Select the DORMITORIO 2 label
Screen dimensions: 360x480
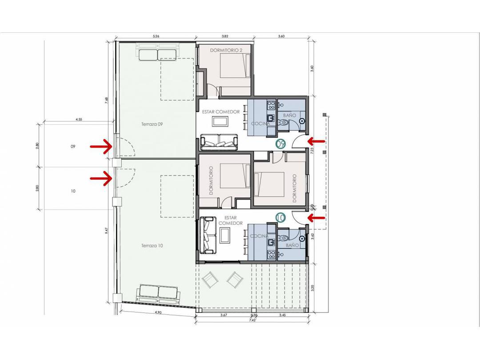pos(226,51)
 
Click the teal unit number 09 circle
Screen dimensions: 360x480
pos(280,144)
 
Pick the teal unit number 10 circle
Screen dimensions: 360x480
pos(280,217)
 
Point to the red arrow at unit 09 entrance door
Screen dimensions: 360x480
pos(316,141)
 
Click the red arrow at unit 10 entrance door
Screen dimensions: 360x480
pos(316,217)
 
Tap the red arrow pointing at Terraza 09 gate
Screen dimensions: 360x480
pos(100,146)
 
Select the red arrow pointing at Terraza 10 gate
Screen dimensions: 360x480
pos(100,179)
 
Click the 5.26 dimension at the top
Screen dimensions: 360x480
pos(156,36)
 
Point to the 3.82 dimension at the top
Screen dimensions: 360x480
pos(225,36)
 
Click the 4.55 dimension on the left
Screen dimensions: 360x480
pos(79,119)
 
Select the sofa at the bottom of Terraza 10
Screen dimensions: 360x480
pos(159,292)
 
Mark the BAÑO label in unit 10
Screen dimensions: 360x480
pos(292,245)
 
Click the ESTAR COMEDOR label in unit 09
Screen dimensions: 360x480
pos(221,112)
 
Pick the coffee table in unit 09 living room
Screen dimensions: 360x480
pos(220,122)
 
